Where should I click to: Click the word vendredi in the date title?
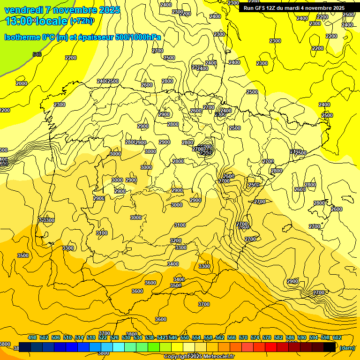click(x=24, y=10)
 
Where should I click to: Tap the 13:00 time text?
click(x=19, y=21)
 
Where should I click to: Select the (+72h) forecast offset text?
click(x=82, y=21)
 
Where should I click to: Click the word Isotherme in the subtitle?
click(x=22, y=37)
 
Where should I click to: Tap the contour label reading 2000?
click(x=22, y=83)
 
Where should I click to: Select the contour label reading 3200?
click(x=175, y=240)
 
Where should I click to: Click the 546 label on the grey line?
click(x=37, y=54)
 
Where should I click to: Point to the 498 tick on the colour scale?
click(x=32, y=337)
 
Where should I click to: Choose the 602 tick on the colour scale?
click(x=337, y=337)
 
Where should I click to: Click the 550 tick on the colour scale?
click(x=185, y=337)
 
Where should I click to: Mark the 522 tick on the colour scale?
click(x=103, y=337)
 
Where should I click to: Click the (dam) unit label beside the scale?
click(x=347, y=347)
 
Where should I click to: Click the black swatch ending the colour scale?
click(x=330, y=347)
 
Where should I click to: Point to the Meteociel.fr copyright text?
click(x=200, y=357)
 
